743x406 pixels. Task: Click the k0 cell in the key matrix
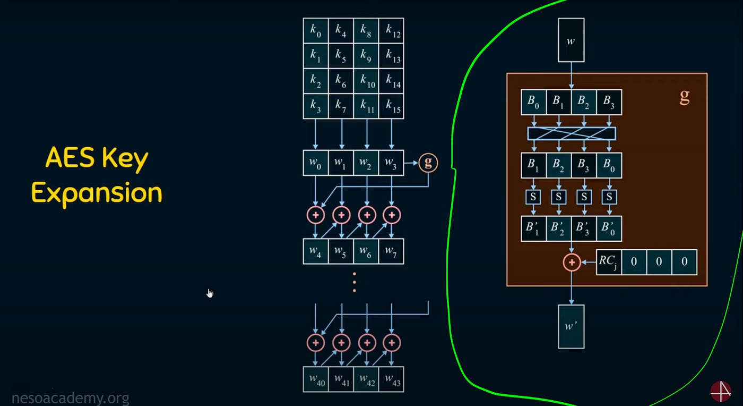pyautogui.click(x=316, y=31)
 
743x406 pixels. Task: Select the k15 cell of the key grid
pyautogui.click(x=393, y=106)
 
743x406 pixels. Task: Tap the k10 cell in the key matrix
pyautogui.click(x=367, y=81)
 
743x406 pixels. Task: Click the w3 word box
pyautogui.click(x=392, y=163)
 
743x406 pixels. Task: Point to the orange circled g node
pyautogui.click(x=428, y=163)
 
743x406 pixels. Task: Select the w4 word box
pyautogui.click(x=316, y=251)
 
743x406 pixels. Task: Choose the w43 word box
pyautogui.click(x=392, y=379)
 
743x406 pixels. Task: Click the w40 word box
pyautogui.click(x=316, y=379)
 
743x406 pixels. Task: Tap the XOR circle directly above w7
pyautogui.click(x=392, y=215)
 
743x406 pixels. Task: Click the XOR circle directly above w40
pyautogui.click(x=316, y=343)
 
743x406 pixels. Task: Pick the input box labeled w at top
pyautogui.click(x=571, y=40)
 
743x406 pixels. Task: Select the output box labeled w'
pyautogui.click(x=571, y=326)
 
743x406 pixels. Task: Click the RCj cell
pyautogui.click(x=609, y=262)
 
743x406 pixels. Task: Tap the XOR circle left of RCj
pyautogui.click(x=572, y=262)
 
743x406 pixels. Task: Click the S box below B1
pyautogui.click(x=533, y=197)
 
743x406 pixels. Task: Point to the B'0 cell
pyautogui.click(x=609, y=229)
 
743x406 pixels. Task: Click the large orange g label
pyautogui.click(x=685, y=97)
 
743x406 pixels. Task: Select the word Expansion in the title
pyautogui.click(x=97, y=193)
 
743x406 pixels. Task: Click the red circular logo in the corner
pyautogui.click(x=721, y=392)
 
